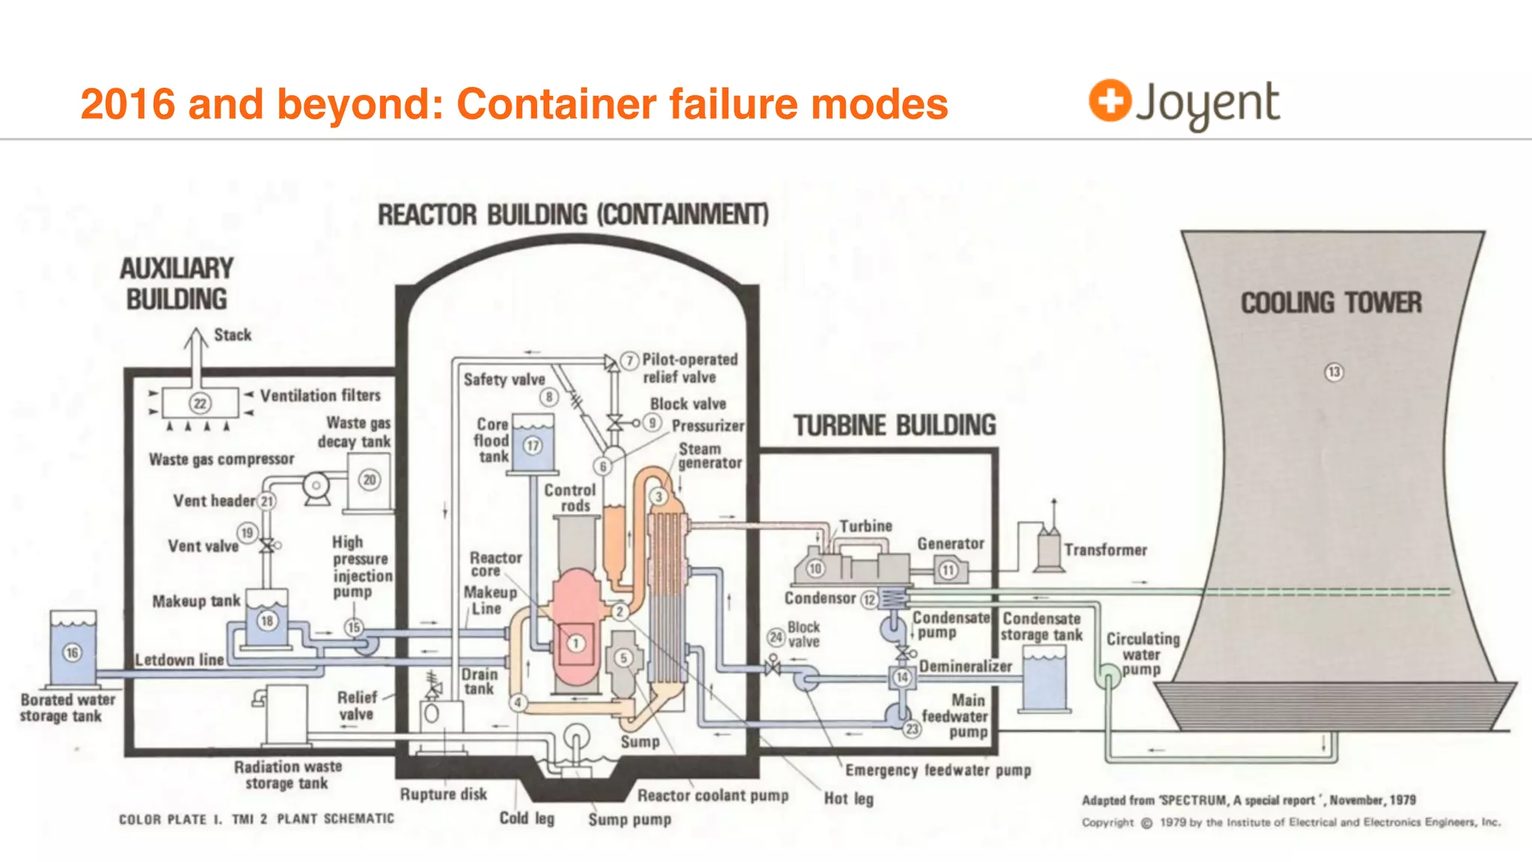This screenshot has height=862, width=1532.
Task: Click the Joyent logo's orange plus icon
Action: [1109, 100]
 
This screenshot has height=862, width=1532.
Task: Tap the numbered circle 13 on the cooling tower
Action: [1334, 372]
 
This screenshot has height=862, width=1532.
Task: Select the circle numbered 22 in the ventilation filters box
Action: [200, 403]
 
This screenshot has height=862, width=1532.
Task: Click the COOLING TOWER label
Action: [1331, 303]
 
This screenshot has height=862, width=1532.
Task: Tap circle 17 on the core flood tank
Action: [532, 445]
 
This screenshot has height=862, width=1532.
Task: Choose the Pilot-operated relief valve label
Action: [690, 368]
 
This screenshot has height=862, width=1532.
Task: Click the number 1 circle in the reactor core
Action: [575, 643]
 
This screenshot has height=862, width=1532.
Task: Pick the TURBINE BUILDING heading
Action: [895, 426]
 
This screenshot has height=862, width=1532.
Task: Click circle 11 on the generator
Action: [949, 570]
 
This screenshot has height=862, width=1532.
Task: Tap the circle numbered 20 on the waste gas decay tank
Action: [370, 480]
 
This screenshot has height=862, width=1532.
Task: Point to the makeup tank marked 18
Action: [266, 620]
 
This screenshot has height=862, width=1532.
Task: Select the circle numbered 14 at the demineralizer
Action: [902, 677]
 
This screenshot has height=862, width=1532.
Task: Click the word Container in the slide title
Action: [556, 104]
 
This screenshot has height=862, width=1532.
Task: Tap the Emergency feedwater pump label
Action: [938, 770]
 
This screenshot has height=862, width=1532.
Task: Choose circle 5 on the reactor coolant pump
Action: [623, 658]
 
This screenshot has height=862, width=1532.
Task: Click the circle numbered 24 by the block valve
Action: [776, 637]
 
